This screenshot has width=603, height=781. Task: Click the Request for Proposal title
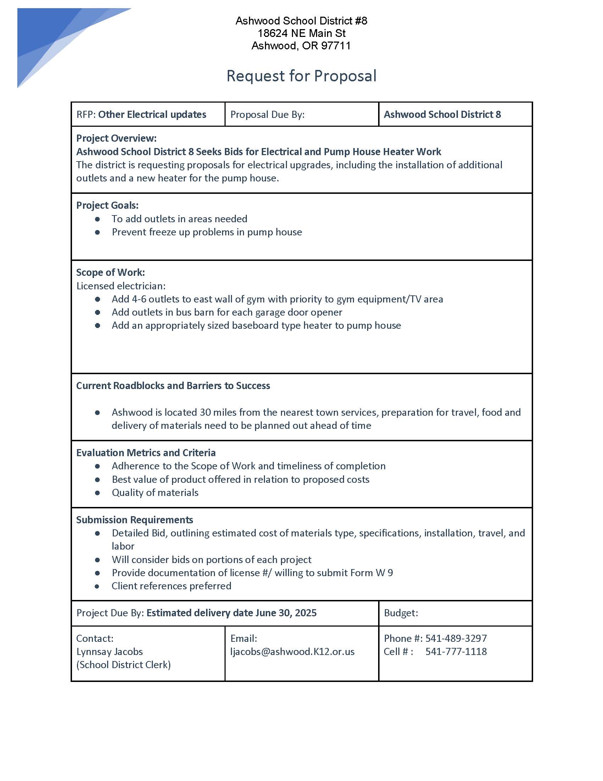point(301,76)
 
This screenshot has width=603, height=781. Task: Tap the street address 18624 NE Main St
point(301,33)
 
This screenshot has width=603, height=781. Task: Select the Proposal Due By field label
point(267,114)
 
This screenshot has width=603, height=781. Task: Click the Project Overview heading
point(116,138)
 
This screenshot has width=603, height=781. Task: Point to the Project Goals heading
point(107,205)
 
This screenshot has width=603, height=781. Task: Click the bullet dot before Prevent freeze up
point(98,233)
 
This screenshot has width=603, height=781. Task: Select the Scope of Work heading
point(110,273)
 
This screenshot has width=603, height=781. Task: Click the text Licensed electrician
point(121,286)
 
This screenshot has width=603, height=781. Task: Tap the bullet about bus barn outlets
point(227,312)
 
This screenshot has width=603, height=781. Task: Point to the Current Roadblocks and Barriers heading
point(173,386)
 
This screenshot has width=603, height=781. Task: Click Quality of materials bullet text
point(155,492)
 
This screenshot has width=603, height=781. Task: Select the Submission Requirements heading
point(134,520)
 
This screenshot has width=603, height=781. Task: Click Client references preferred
point(171,586)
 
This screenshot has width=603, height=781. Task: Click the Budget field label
point(400,613)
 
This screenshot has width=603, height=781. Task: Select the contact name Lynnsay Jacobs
point(109,651)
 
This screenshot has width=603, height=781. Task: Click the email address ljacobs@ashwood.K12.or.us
point(292,651)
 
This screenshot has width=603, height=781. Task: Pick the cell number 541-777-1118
point(456,651)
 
